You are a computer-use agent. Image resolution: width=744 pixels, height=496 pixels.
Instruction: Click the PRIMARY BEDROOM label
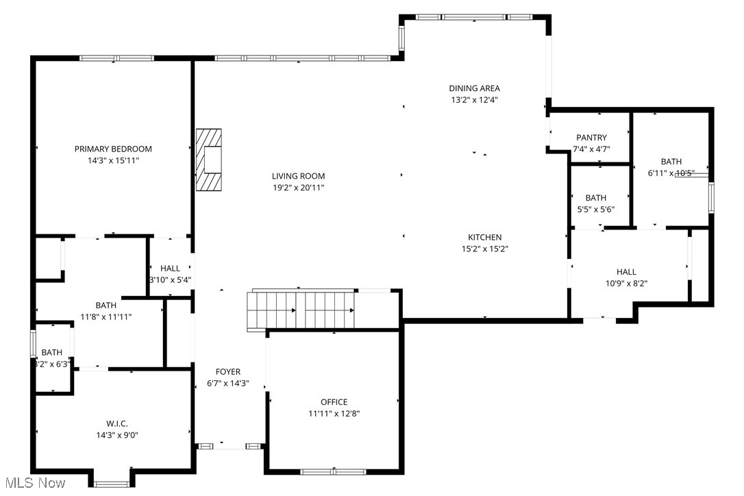113,149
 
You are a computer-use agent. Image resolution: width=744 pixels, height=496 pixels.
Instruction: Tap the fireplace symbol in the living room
210,160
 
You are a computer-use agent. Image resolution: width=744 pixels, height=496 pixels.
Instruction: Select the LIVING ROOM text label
298,176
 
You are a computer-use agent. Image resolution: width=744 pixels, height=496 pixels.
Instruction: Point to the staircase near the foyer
301,310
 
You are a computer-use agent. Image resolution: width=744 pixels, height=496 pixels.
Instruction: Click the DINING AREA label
474,88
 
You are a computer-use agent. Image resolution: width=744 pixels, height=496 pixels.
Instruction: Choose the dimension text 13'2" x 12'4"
474,99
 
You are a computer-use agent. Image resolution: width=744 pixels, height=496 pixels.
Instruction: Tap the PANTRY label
591,138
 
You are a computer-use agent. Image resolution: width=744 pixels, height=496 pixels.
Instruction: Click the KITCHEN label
484,238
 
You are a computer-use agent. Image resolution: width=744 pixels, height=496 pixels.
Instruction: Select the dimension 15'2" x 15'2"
484,249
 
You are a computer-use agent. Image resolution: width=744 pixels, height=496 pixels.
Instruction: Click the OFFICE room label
334,402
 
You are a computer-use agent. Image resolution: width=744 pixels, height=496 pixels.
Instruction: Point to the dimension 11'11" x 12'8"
334,413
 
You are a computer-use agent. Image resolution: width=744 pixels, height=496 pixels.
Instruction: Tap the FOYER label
228,372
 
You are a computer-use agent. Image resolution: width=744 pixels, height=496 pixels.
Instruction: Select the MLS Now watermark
34,484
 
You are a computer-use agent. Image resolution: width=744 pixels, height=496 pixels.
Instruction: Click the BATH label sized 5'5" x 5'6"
595,198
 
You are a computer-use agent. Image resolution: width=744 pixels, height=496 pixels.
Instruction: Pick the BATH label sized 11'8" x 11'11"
106,306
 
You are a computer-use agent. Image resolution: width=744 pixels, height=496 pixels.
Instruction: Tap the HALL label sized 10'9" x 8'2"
625,272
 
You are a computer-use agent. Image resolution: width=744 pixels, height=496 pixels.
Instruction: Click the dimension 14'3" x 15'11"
113,160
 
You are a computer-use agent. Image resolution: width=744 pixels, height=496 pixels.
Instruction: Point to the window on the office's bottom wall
334,471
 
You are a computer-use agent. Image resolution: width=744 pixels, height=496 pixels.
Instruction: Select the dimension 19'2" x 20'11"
298,187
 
